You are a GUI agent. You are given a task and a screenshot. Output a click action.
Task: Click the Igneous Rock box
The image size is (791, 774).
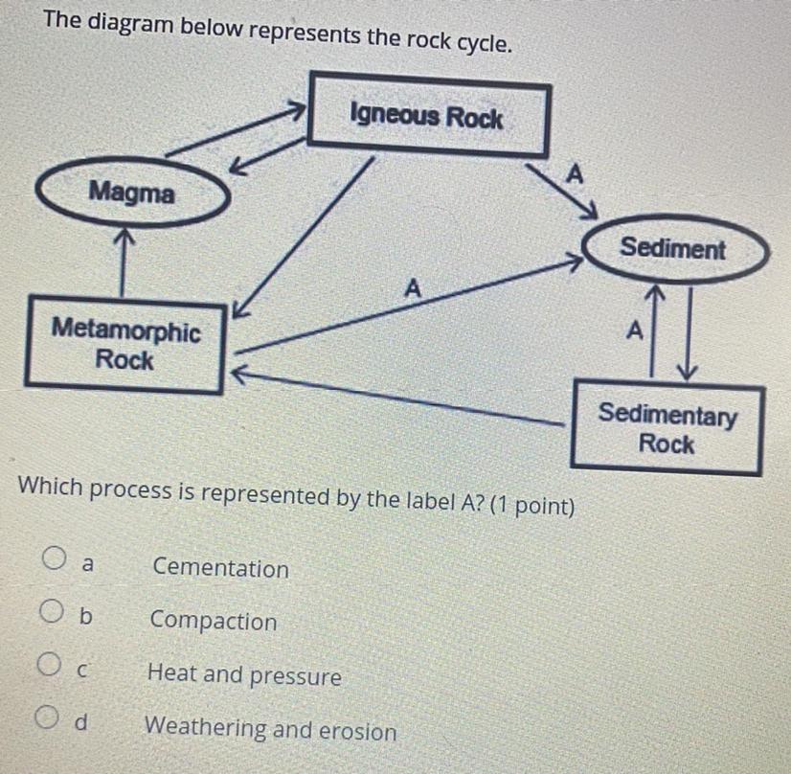pos(427,119)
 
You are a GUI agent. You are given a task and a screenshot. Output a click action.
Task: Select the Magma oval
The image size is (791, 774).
pos(133,194)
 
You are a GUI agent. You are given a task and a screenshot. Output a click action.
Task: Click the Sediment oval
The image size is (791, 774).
pos(672,249)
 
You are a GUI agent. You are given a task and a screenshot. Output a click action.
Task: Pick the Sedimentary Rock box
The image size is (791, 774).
pos(667,429)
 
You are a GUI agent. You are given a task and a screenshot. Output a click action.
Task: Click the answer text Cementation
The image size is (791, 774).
pos(220,569)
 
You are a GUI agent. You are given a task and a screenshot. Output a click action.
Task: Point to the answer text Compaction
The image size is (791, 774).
pos(214,622)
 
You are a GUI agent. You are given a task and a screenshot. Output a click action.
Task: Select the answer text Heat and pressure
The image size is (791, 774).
pos(245,675)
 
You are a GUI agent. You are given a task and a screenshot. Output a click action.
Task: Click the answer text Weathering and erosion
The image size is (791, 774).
pos(271,730)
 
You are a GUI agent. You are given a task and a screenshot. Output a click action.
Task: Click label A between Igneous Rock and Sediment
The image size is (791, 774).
pos(575,174)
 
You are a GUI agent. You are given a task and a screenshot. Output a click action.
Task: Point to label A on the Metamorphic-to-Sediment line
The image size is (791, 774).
pos(413,286)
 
